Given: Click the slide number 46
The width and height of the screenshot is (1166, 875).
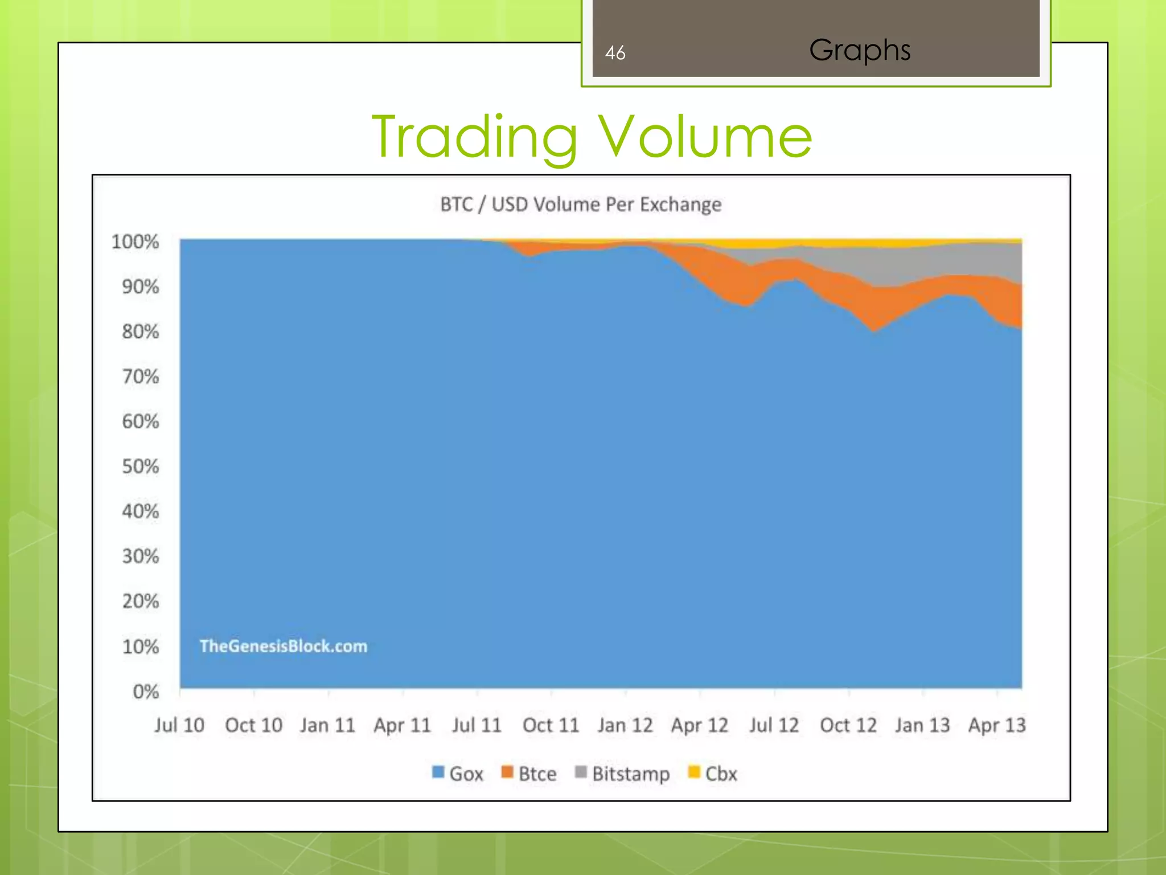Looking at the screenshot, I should (615, 53).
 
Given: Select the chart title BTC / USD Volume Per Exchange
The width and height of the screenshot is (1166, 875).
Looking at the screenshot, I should (581, 204).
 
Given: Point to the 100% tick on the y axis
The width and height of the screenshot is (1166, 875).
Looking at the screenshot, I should (135, 242).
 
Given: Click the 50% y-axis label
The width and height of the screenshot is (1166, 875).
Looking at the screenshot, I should (140, 467).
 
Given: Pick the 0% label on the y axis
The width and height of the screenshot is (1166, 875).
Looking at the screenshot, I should (146, 692).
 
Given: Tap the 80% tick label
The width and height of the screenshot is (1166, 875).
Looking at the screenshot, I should (140, 332).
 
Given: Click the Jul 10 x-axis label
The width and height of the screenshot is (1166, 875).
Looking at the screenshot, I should (179, 725).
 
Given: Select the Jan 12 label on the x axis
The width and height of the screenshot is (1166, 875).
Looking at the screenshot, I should (625, 725).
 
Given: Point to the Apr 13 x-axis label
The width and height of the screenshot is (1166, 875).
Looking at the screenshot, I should (997, 725).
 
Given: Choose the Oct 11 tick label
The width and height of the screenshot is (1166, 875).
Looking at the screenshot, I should (551, 725).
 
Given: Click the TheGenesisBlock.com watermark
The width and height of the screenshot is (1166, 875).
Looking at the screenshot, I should (284, 646).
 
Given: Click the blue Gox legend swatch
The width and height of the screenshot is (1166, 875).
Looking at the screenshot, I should (438, 772).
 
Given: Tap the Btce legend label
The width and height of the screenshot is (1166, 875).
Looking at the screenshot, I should (537, 774).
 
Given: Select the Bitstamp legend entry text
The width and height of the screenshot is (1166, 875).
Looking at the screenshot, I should (631, 774).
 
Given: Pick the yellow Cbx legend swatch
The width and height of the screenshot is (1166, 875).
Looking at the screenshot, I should (693, 772).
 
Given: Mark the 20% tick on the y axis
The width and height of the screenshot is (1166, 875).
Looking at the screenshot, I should (140, 602).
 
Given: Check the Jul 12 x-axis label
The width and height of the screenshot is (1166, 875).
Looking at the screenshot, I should (774, 725).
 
